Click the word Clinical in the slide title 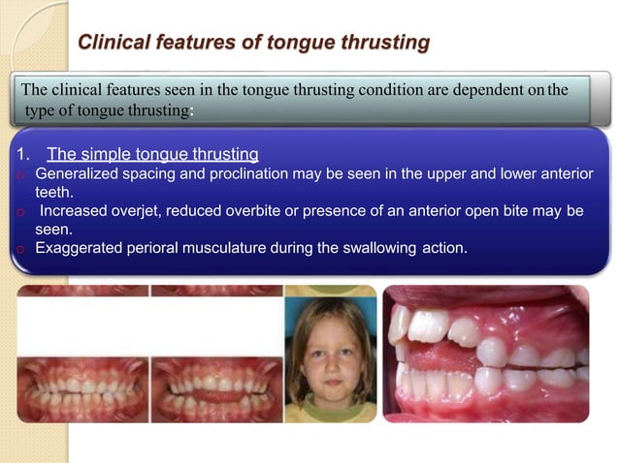pos(112,44)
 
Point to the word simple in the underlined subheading pos(115,153)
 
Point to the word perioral pos(157,248)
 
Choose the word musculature pos(237,248)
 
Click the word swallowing pos(368,248)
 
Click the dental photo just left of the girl pos(215,389)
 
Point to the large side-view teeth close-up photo pos(485,354)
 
